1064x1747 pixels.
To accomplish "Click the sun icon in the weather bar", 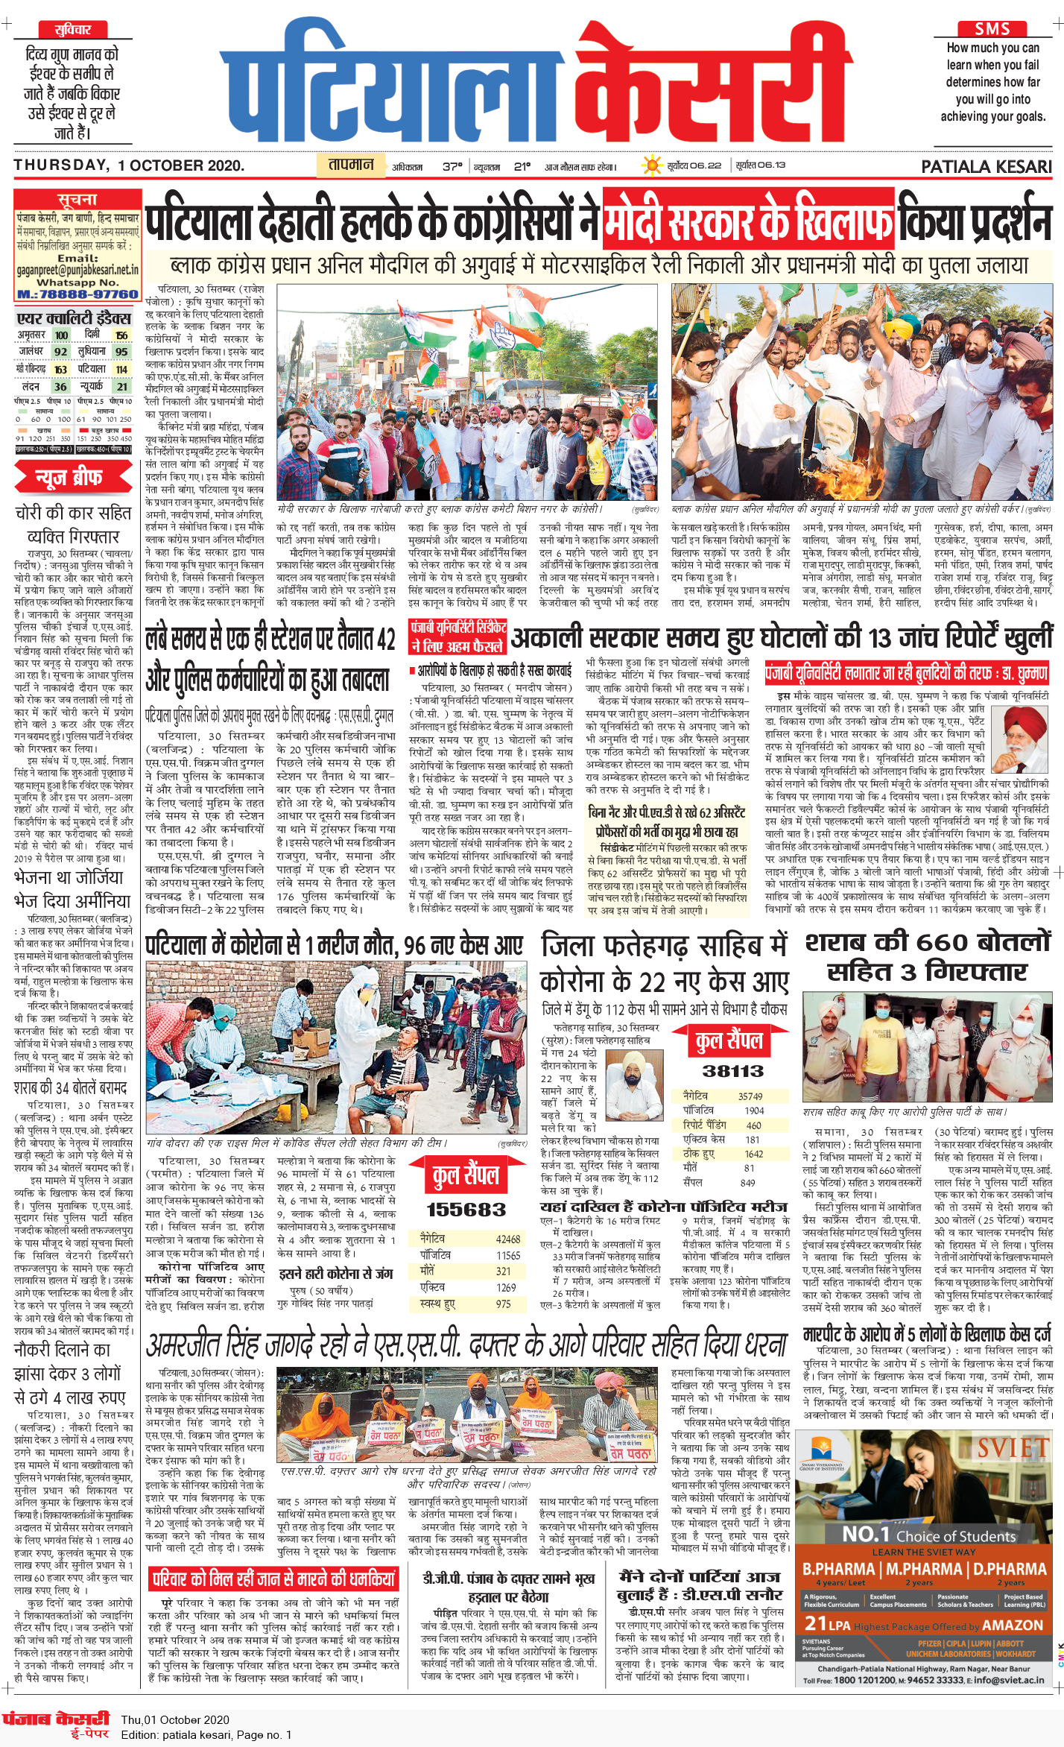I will tap(653, 165).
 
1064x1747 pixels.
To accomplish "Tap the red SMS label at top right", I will tap(992, 28).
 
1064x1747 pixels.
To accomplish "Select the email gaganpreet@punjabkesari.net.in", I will tap(77, 269).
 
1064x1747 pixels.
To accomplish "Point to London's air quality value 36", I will tap(60, 387).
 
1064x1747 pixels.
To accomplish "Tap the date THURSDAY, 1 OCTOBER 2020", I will tap(129, 165).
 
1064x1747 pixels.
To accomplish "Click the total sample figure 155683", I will tap(466, 1210).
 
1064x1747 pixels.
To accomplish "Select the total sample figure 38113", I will tap(732, 1071).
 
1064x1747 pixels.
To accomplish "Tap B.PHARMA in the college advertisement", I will tap(839, 1569).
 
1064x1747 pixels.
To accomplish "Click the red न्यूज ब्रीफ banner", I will tap(73, 478).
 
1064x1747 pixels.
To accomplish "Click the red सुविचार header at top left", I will tap(72, 30).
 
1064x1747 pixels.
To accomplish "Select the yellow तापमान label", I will tap(352, 165).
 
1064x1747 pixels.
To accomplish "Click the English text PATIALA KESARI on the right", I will tap(986, 167).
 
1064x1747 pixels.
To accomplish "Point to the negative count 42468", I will tap(508, 1239).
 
